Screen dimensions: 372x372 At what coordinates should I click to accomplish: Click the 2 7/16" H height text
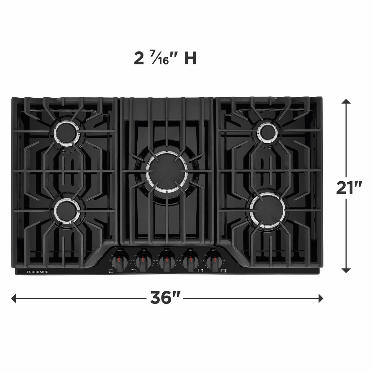click(165, 59)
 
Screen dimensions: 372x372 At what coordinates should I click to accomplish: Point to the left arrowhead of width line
click(13, 298)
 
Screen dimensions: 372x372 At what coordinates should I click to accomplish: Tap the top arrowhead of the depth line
click(346, 101)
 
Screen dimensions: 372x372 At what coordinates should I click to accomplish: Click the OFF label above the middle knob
click(167, 250)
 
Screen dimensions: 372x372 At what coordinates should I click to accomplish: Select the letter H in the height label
click(190, 59)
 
